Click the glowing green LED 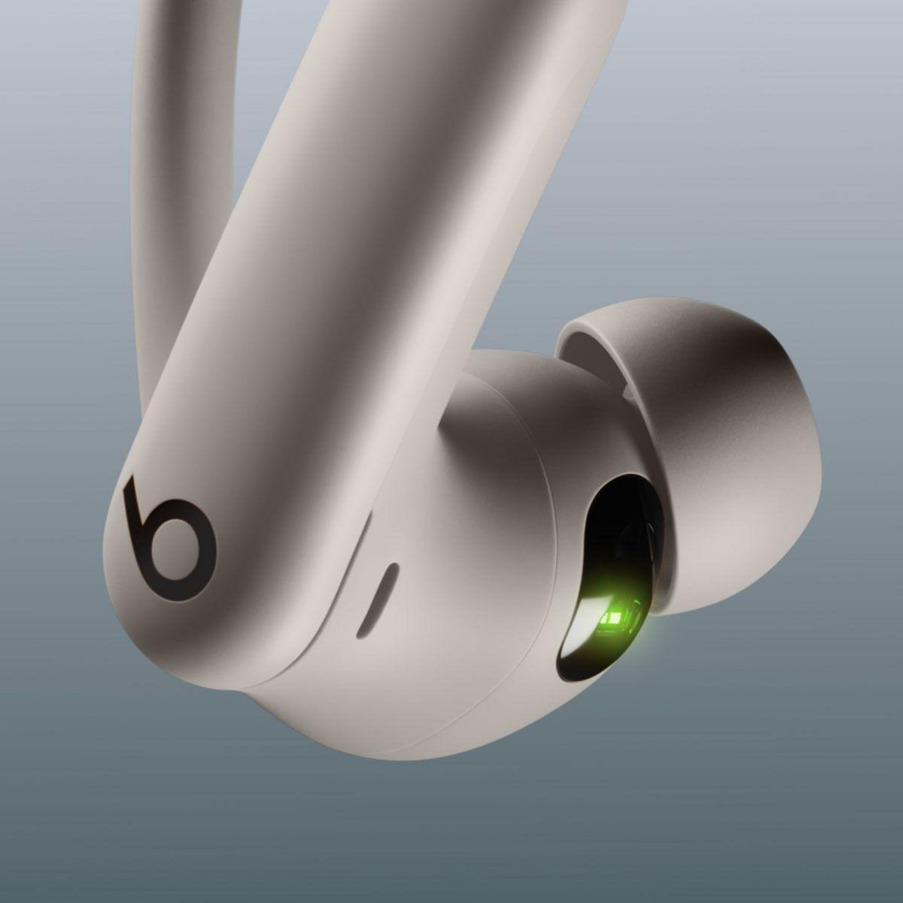point(613,619)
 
